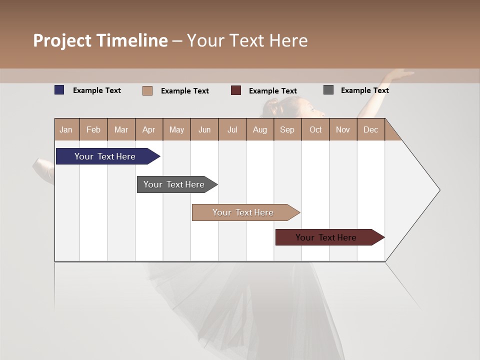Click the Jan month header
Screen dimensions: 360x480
66,129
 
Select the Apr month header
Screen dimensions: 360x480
148,129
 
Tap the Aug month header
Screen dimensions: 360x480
259,129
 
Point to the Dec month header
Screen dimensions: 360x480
370,129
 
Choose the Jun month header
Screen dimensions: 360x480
204,129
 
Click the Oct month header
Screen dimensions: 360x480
315,129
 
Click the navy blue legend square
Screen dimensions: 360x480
59,90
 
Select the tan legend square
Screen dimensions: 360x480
147,90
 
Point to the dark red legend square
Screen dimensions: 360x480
235,90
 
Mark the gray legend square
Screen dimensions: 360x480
328,90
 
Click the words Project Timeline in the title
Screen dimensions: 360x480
100,40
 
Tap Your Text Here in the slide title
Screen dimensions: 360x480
247,40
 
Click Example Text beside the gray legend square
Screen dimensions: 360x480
364,90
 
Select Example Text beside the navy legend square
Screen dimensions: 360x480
96,90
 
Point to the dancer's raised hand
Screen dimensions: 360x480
400,74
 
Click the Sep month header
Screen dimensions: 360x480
287,129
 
